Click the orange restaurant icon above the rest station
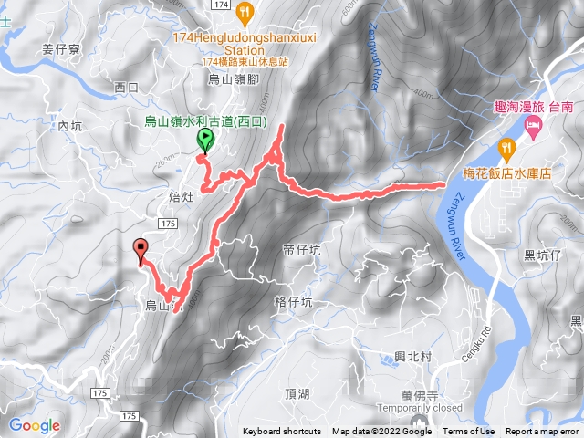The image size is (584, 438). [x=244, y=13]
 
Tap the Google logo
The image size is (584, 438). [x=34, y=425]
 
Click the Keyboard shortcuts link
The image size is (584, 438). [x=282, y=432]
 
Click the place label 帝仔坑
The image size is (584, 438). [x=302, y=248]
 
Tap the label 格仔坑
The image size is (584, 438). [x=293, y=301]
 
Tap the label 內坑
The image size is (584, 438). [x=70, y=127]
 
